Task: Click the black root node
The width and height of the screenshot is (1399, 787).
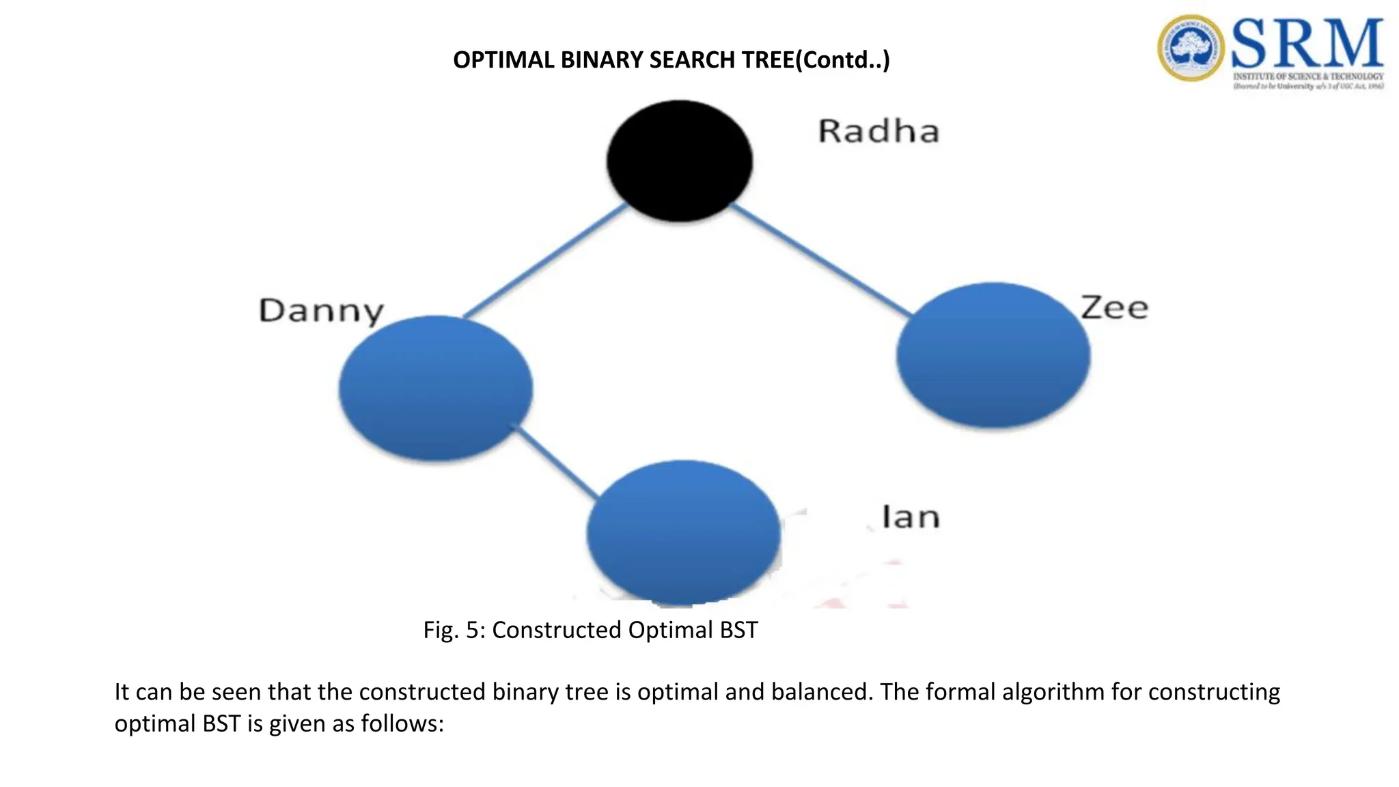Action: (680, 161)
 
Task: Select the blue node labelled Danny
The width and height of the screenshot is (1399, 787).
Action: (435, 388)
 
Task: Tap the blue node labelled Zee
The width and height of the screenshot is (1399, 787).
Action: (993, 355)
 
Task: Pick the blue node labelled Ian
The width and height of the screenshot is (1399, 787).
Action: (683, 533)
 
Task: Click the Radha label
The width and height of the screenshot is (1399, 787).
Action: (878, 131)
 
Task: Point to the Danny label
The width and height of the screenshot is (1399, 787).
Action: (321, 311)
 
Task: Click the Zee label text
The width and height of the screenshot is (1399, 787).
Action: (1114, 307)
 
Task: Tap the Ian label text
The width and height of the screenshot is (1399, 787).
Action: (911, 517)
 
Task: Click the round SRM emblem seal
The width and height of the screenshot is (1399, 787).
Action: (1191, 48)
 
